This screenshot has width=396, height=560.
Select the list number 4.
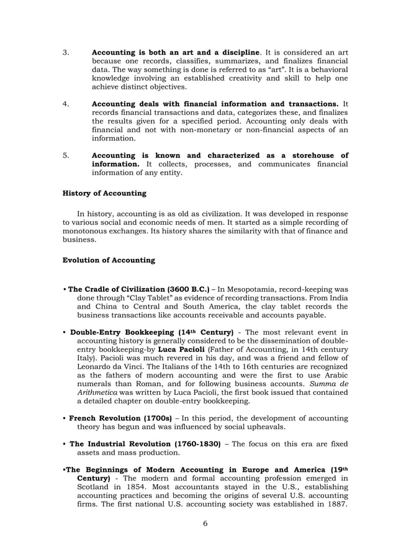pos(66,103)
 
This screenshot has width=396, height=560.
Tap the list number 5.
pos(66,155)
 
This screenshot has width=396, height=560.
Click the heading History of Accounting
pos(104,193)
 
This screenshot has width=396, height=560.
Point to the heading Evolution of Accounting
pos(109,260)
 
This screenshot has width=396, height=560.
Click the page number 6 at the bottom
pos(205,523)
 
